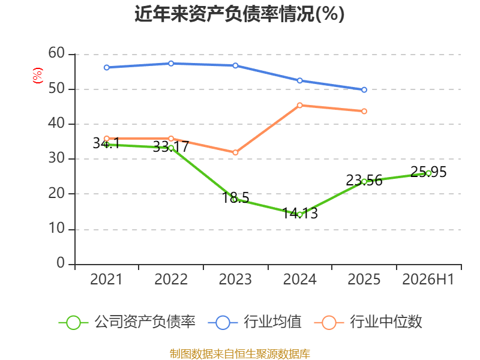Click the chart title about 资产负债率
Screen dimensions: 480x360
click(239, 14)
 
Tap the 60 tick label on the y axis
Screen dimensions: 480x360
click(56, 53)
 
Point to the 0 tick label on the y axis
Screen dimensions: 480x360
click(61, 263)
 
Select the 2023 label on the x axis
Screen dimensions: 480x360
click(235, 279)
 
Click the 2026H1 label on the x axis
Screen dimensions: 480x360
click(428, 279)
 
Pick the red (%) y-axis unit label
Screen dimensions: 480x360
click(38, 76)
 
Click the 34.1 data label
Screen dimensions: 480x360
click(106, 143)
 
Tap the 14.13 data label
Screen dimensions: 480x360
click(299, 213)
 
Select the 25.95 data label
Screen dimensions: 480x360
click(428, 172)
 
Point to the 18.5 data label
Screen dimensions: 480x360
click(235, 198)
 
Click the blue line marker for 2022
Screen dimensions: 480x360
click(171, 64)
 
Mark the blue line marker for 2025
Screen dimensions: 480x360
click(364, 89)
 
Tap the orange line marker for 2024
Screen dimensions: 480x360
click(299, 106)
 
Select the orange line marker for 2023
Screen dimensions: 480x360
click(235, 152)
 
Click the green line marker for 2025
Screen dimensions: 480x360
click(364, 182)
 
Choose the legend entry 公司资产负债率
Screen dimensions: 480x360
click(127, 322)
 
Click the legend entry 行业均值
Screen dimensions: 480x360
click(254, 322)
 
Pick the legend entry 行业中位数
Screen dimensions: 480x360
click(368, 322)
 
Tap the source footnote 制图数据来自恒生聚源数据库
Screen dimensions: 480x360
click(239, 354)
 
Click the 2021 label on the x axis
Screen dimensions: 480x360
click(106, 279)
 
